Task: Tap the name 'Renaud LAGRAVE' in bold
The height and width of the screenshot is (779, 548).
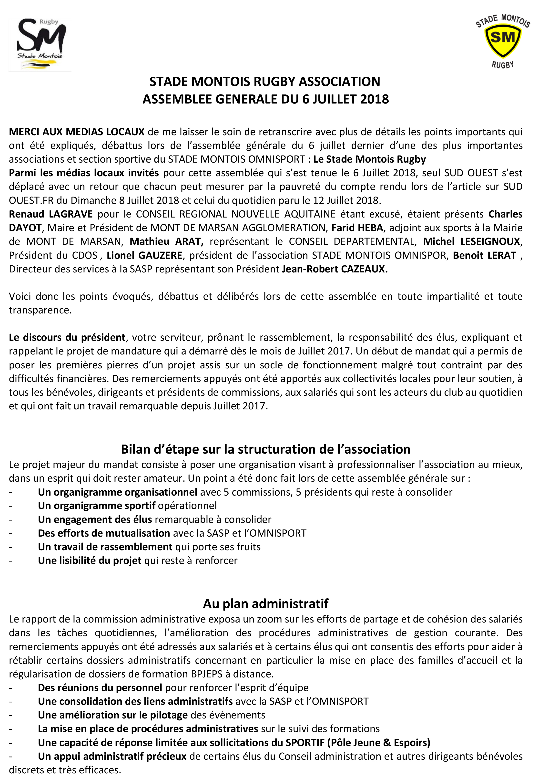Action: pyautogui.click(x=51, y=214)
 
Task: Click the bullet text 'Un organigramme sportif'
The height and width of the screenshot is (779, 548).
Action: pyautogui.click(x=97, y=506)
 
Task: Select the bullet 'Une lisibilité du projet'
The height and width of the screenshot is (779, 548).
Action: pyautogui.click(x=90, y=561)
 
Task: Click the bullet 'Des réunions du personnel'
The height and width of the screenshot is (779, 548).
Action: pyautogui.click(x=100, y=687)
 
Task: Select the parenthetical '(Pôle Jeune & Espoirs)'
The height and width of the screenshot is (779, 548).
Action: pyautogui.click(x=378, y=742)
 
